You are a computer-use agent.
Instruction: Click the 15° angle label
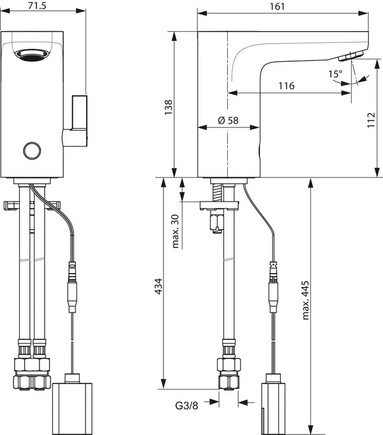click(335, 74)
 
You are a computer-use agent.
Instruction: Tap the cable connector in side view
click(274, 287)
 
